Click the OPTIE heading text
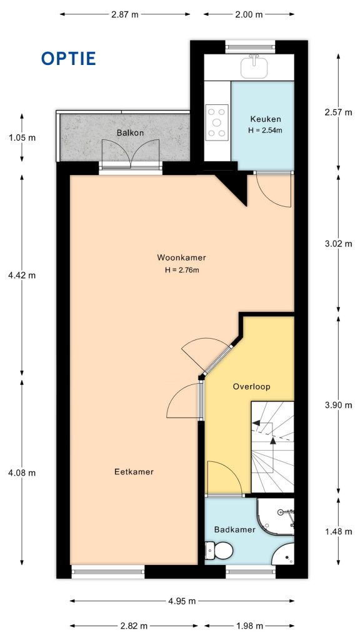[68, 59]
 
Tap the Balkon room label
[130, 133]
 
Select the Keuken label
[266, 119]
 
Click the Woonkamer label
[181, 257]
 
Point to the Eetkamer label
[134, 472]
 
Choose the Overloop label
[251, 386]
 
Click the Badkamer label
[234, 529]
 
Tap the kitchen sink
[254, 64]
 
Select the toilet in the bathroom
[220, 551]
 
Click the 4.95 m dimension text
[181, 601]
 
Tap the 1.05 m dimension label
[22, 137]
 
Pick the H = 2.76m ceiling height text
[182, 270]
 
